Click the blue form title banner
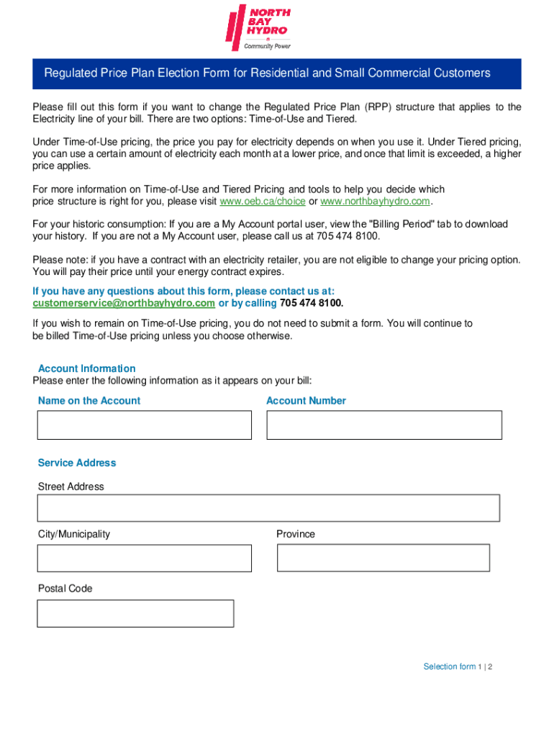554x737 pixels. point(277,73)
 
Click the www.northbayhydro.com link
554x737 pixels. point(375,201)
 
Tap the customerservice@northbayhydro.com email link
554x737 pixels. point(124,303)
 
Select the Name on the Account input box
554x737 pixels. point(145,425)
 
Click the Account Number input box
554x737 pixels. point(384,425)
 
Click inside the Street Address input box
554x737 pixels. point(268,507)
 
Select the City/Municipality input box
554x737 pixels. point(145,558)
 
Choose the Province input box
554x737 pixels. point(383,558)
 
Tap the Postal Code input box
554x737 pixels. point(135,613)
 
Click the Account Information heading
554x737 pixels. point(86,368)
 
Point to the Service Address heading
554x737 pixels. point(77,463)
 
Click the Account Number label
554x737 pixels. point(306,401)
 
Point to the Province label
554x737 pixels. point(296,534)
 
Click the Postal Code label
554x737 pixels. point(65,589)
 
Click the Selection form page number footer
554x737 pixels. point(458,666)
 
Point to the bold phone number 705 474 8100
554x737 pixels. point(311,303)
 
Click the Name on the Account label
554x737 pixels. point(89,401)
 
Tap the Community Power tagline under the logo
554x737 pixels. point(268,45)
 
